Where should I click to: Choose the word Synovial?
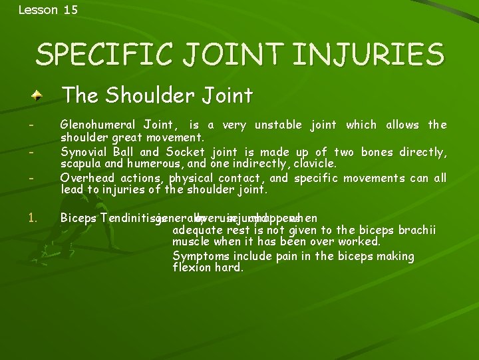(x=83, y=152)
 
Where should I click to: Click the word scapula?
(x=80, y=163)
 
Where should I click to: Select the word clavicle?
(x=313, y=163)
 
